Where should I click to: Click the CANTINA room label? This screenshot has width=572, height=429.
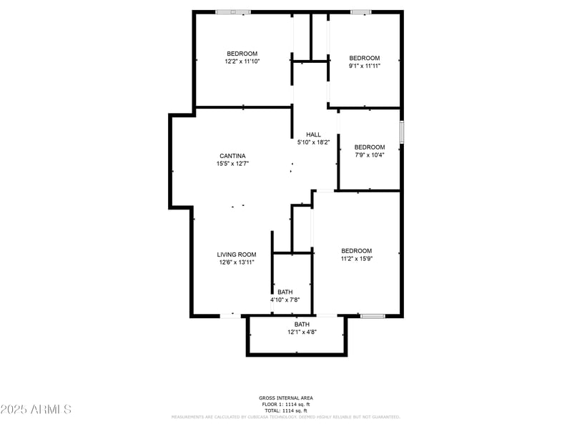click(x=232, y=156)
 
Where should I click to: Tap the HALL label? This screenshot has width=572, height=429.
click(x=313, y=134)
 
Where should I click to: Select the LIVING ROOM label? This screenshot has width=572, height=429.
click(x=237, y=255)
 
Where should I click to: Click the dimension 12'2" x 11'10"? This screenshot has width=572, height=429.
click(x=242, y=61)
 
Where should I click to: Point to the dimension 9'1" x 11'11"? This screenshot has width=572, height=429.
click(x=364, y=66)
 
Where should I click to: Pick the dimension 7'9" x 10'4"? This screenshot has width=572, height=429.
click(x=369, y=155)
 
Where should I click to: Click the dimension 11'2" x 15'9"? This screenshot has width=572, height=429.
click(x=356, y=259)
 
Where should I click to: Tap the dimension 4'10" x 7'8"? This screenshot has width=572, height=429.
click(x=285, y=300)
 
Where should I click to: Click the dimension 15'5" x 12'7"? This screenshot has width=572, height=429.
click(x=232, y=164)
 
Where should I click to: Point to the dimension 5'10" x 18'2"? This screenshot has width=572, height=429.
click(x=313, y=142)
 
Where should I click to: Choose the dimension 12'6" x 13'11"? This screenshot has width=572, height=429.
click(x=237, y=262)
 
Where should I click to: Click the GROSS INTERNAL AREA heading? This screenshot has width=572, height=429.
click(x=285, y=398)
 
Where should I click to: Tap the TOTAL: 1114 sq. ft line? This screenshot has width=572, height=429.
click(x=285, y=411)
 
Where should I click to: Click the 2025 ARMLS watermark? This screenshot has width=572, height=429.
click(x=36, y=410)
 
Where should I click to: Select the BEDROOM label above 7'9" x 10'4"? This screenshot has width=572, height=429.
click(x=369, y=147)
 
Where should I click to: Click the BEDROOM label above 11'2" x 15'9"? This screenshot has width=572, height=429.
click(x=356, y=250)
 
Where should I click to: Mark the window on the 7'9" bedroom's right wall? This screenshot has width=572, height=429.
click(x=402, y=132)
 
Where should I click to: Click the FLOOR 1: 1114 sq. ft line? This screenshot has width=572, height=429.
click(x=285, y=405)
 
